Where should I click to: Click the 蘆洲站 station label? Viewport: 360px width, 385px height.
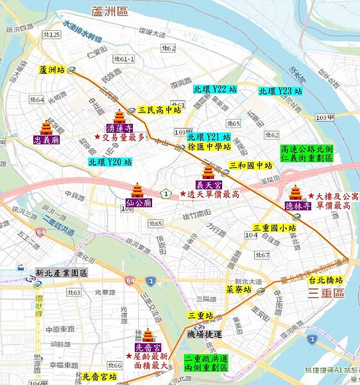(x=52, y=69)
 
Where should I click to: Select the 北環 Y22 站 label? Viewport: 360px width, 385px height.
(x=214, y=90)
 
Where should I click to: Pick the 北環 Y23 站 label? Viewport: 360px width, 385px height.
(x=280, y=92)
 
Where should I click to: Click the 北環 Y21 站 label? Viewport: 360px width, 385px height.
(x=209, y=137)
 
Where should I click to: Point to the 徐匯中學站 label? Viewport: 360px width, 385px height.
(x=209, y=146)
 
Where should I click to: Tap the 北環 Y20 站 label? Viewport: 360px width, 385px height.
(x=110, y=162)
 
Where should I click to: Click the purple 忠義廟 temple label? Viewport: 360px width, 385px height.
(x=46, y=139)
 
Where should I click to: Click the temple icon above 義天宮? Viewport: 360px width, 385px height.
(x=209, y=171)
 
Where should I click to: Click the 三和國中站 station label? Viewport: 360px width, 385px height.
(x=251, y=166)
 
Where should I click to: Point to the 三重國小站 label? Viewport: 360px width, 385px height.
(x=274, y=228)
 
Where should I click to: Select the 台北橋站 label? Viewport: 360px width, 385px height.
(x=325, y=280)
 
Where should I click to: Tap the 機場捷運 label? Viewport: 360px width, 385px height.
(x=203, y=334)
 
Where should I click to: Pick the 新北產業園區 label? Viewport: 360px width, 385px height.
(x=62, y=273)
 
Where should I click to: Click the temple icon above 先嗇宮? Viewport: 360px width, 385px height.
(x=148, y=336)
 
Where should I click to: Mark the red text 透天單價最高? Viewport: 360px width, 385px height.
(x=214, y=194)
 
